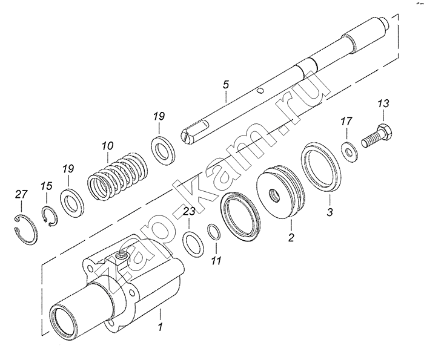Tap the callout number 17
click(345, 121)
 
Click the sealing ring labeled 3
click(321, 165)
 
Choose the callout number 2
click(291, 238)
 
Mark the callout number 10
click(107, 145)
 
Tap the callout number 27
click(21, 194)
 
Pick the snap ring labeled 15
click(49, 216)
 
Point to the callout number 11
click(216, 261)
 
